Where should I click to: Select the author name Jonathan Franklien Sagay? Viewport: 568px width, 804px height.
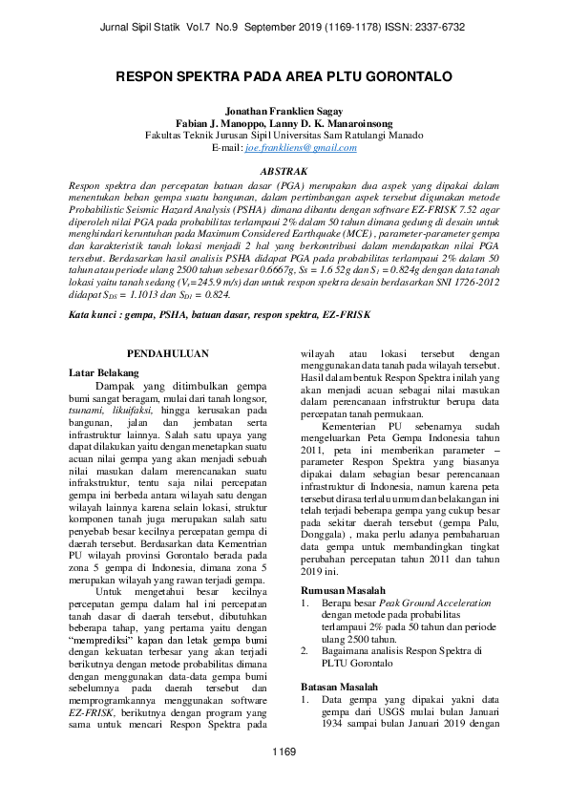click(x=284, y=112)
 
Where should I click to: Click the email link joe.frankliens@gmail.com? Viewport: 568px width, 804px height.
click(x=301, y=148)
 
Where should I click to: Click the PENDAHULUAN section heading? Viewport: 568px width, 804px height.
click(x=168, y=352)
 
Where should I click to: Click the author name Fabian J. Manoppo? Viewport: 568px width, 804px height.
click(x=219, y=124)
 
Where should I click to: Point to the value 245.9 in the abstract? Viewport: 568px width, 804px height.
click(x=198, y=284)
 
